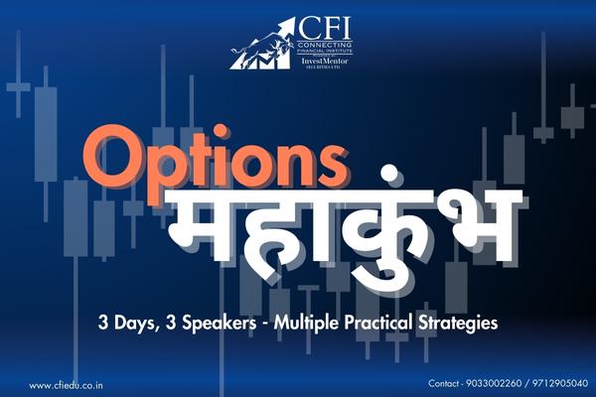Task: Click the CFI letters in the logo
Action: (x=318, y=25)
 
